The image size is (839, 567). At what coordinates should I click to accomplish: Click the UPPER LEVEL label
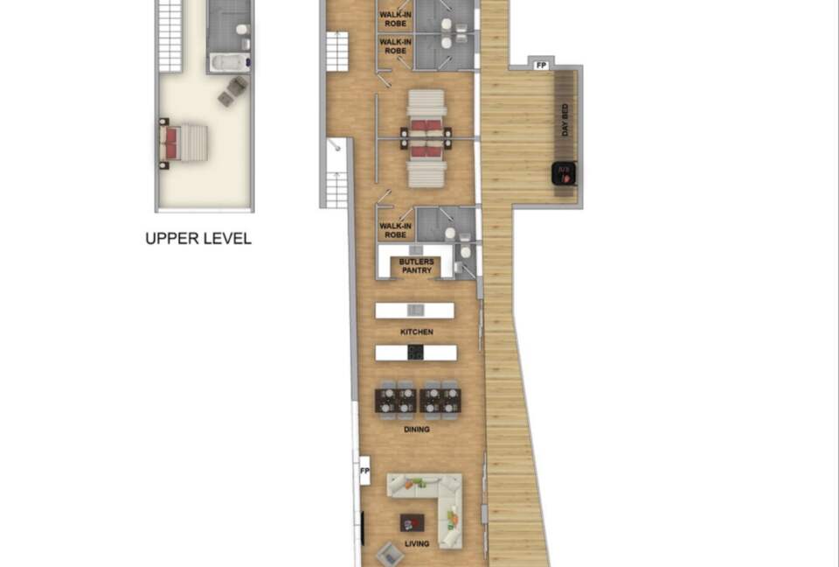[198, 239]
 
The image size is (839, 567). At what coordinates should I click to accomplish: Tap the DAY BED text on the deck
[565, 120]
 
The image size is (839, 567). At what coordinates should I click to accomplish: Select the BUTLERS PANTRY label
[416, 266]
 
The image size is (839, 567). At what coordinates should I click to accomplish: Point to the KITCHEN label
[417, 332]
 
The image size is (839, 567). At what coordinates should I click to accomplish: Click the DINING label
[417, 430]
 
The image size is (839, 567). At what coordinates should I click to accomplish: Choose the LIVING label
[417, 544]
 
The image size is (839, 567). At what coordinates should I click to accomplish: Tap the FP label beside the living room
[365, 471]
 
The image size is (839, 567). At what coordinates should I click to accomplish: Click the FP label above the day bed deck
[542, 66]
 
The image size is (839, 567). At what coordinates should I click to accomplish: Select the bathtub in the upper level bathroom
[230, 62]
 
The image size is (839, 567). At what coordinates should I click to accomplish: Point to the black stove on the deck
[564, 173]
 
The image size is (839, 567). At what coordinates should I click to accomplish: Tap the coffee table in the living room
[412, 522]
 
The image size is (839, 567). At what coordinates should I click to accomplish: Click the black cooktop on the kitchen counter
[416, 353]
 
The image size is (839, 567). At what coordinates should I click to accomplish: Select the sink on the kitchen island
[415, 311]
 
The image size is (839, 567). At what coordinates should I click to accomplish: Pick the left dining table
[395, 401]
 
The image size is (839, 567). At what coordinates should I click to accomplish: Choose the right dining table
[440, 401]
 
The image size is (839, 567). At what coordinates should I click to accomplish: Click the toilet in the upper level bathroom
[242, 29]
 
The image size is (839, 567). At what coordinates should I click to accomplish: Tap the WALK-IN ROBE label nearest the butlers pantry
[395, 230]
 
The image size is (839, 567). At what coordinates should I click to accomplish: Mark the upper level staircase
[170, 35]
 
